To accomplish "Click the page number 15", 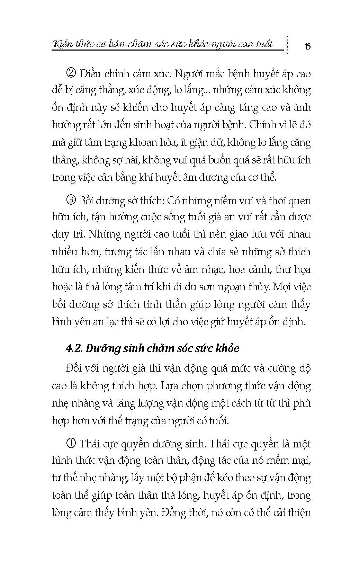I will tap(307, 46).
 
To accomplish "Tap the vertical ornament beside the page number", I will tap(287, 45).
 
